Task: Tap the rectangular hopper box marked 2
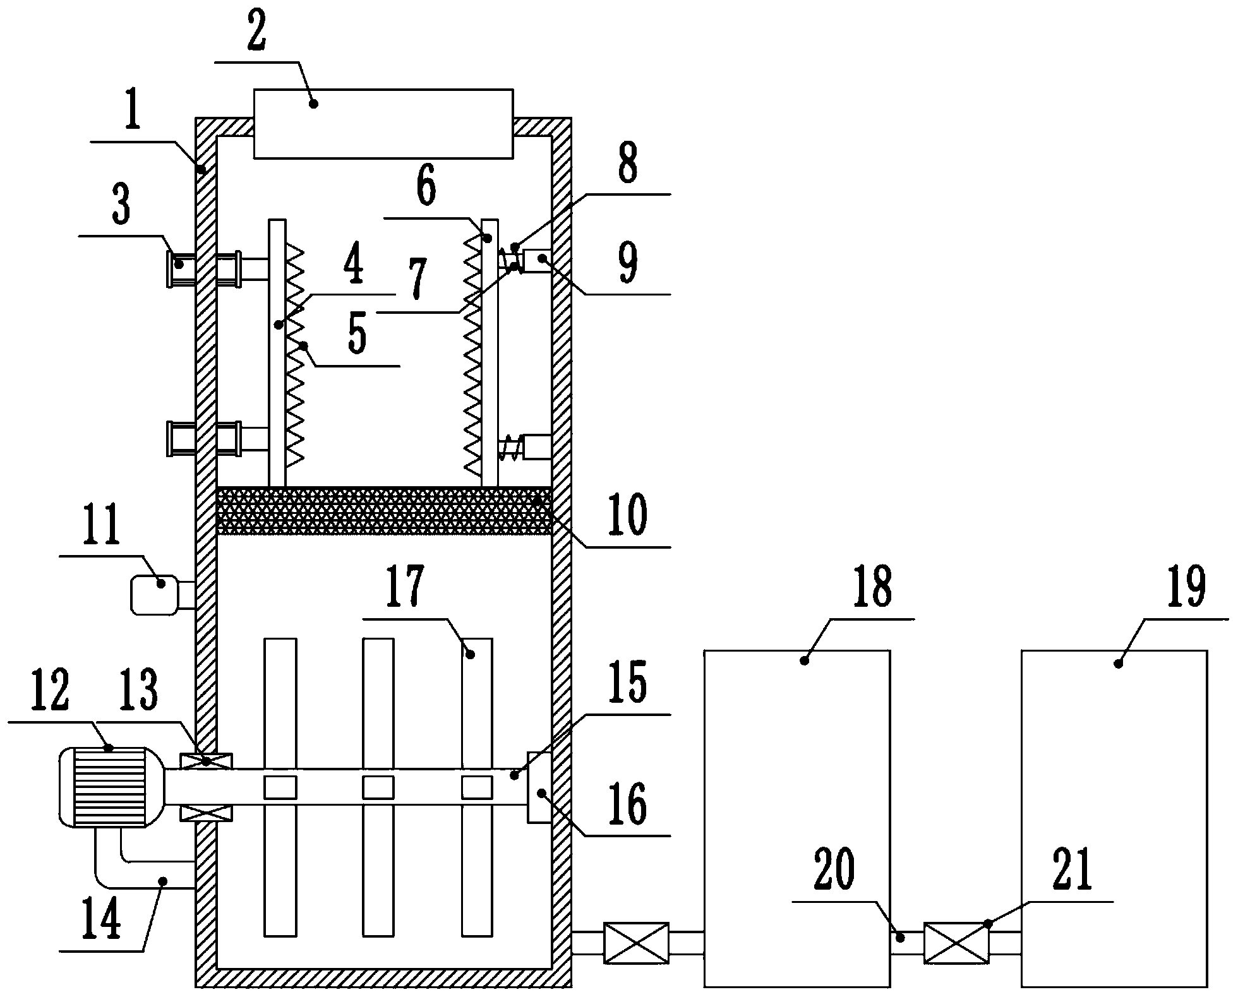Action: click(x=383, y=123)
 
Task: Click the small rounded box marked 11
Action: click(x=155, y=594)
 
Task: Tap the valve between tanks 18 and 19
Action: click(x=956, y=943)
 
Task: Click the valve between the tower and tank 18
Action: click(x=636, y=943)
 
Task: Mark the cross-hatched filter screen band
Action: click(x=383, y=511)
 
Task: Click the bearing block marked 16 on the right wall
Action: click(x=539, y=787)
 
